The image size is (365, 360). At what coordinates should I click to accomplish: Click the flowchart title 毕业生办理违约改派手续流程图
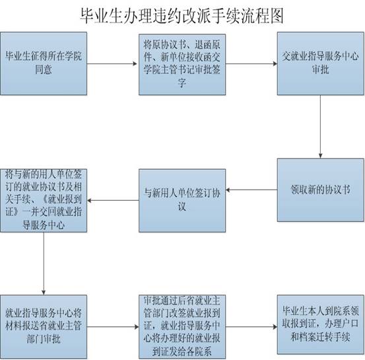pos(182,16)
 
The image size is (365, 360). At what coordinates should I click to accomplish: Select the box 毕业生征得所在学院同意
pos(44,63)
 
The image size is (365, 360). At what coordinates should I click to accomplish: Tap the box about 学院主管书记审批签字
pos(182,65)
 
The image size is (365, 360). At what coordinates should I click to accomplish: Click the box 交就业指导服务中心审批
pos(320,63)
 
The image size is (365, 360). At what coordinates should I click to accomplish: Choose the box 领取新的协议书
pos(320,190)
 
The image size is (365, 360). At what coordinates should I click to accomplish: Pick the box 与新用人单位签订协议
pos(182,200)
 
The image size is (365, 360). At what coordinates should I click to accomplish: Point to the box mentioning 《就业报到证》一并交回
pos(44,200)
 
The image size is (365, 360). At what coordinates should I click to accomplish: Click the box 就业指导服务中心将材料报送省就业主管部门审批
pos(44,327)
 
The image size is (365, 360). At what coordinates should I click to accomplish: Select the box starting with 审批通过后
pos(182,327)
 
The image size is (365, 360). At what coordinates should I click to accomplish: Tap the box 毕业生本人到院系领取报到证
pos(320,324)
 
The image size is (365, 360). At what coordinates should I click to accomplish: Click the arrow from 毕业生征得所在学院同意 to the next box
pos(112,63)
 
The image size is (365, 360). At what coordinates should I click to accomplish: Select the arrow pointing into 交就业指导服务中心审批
pos(251,63)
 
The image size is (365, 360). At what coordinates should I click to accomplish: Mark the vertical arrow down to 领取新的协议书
pos(320,127)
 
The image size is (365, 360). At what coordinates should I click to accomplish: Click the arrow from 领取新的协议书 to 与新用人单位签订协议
pos(251,190)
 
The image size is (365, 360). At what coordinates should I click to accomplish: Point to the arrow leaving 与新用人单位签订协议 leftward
pos(113,200)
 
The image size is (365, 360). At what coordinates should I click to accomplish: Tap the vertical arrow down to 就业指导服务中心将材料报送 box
pos(44,264)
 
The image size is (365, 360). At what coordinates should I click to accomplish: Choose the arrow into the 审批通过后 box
pos(113,327)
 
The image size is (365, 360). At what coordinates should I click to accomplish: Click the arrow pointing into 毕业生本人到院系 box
pos(251,327)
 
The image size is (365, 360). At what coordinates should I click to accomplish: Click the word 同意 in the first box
pos(44,69)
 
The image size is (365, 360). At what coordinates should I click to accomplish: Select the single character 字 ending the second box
pos(182,83)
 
